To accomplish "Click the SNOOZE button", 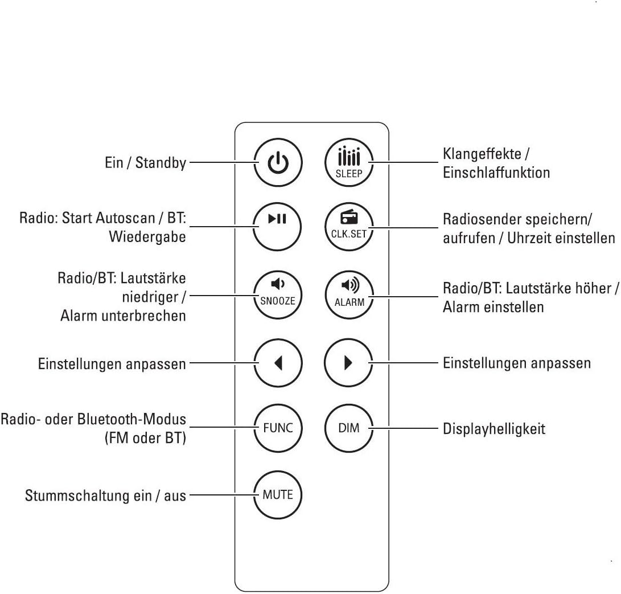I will tap(278, 295).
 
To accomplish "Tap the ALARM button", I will tap(348, 295).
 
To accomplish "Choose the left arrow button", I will tap(278, 363).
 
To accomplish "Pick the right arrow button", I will tap(348, 363).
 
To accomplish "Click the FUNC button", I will tap(278, 428).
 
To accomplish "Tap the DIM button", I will tap(348, 428).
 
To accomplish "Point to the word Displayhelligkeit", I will tap(494, 429).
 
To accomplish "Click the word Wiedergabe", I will tap(147, 237).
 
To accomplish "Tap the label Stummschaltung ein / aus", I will tap(105, 495).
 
